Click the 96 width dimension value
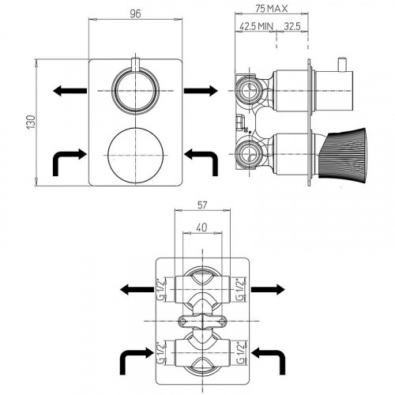tap(135, 13)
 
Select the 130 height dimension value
tap(31, 122)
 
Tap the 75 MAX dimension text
tap(272, 9)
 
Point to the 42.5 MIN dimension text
tap(257, 26)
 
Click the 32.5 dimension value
tap(292, 26)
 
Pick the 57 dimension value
tap(202, 205)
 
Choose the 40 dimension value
tap(201, 228)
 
